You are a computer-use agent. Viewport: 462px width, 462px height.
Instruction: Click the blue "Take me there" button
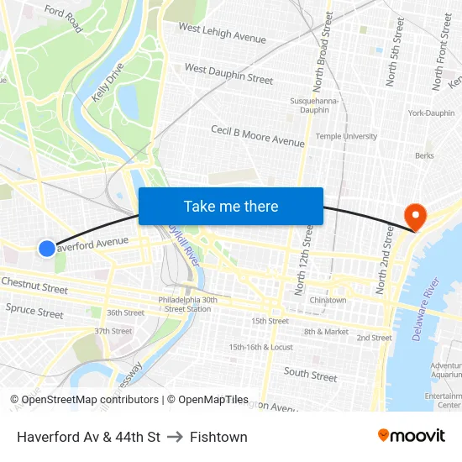click(x=231, y=206)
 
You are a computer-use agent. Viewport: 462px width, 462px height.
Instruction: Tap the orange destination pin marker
click(x=415, y=217)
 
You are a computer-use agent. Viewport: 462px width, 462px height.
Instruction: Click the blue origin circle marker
click(x=47, y=248)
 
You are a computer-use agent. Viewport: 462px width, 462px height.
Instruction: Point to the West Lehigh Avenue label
click(x=222, y=34)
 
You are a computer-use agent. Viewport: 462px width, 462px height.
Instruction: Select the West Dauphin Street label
click(x=228, y=74)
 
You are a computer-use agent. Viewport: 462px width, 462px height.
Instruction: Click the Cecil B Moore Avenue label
click(x=257, y=136)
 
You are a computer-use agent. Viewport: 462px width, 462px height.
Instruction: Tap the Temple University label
click(x=346, y=136)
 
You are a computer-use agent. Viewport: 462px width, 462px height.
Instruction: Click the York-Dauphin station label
click(x=430, y=113)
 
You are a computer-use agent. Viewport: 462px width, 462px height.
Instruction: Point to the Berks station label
click(x=424, y=155)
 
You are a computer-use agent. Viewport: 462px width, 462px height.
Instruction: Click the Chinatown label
click(x=328, y=300)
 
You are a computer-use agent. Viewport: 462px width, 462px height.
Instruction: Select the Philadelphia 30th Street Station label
click(x=187, y=304)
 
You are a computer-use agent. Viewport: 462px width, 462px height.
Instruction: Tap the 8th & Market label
click(x=326, y=332)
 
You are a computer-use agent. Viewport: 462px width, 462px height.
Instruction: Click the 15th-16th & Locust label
click(x=260, y=347)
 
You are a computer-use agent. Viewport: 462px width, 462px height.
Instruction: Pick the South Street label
click(x=310, y=374)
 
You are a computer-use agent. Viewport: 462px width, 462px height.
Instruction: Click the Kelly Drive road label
click(x=108, y=82)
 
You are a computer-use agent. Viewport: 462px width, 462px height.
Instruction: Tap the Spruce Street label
click(x=34, y=312)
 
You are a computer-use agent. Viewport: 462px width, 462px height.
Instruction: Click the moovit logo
click(x=411, y=435)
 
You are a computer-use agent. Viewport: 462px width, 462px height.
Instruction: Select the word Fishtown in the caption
click(x=218, y=437)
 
